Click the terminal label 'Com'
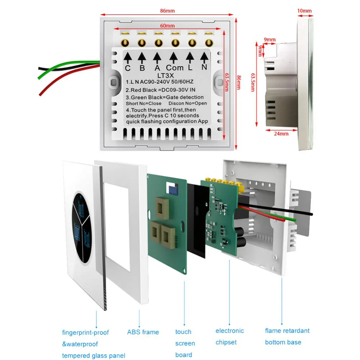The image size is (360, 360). (x=175, y=68)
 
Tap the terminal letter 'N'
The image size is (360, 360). (x=204, y=67)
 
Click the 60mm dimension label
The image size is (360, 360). (x=167, y=26)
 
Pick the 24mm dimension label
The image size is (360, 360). (x=281, y=134)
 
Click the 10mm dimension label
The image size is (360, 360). (x=305, y=10)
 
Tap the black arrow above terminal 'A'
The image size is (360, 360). (x=157, y=57)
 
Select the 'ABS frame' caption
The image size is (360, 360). (x=143, y=332)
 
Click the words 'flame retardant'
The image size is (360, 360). (x=287, y=330)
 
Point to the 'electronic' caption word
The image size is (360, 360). (x=230, y=330)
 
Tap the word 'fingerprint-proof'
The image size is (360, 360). (x=85, y=332)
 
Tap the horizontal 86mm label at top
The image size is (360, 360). (x=167, y=10)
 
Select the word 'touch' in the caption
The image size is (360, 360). (x=183, y=332)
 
